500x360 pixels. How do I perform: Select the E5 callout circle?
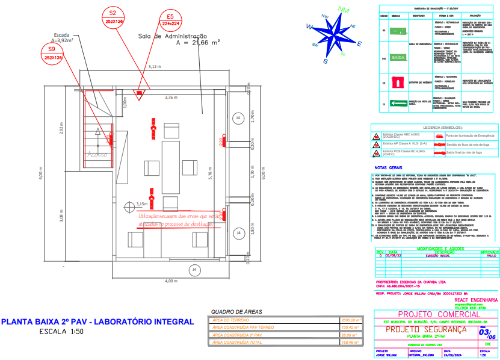click(171, 19)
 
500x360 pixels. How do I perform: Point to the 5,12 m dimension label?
click(155, 66)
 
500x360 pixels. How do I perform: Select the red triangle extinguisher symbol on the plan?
click(140, 93)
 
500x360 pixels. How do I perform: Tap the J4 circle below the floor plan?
click(194, 270)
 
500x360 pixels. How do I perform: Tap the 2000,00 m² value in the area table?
click(350, 320)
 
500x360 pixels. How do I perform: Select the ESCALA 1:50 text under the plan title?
click(62, 332)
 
